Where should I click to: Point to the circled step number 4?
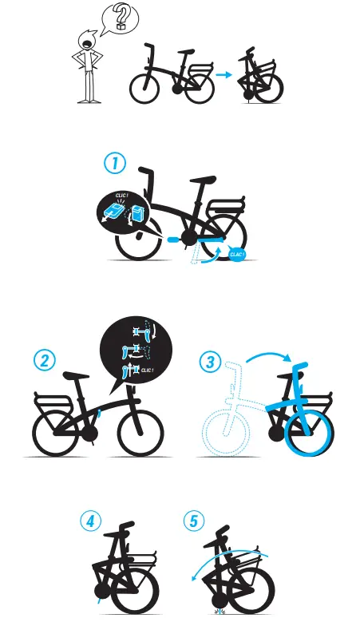point(92,521)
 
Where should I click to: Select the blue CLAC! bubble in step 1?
point(237,254)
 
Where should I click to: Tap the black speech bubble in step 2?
point(135,352)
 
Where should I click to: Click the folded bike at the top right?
point(260,77)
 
